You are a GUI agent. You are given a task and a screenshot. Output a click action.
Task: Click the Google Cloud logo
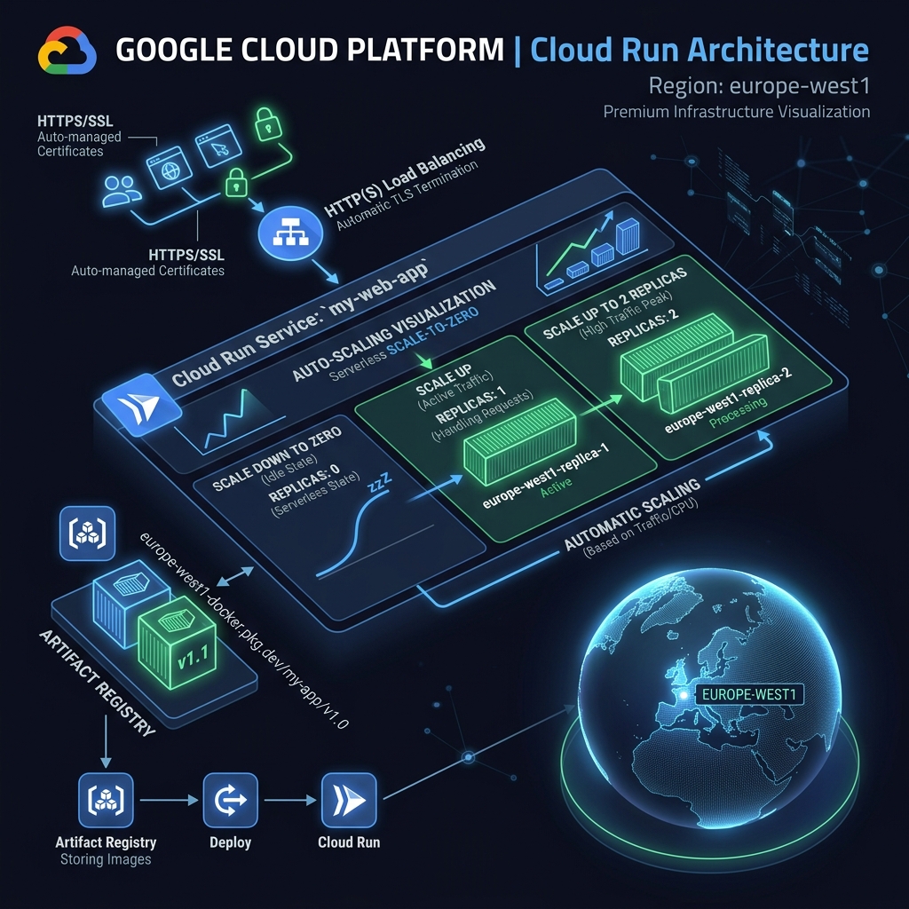[67, 50]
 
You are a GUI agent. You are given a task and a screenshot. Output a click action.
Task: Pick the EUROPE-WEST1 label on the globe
[745, 693]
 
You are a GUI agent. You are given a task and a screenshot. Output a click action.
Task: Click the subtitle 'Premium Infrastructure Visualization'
[736, 112]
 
